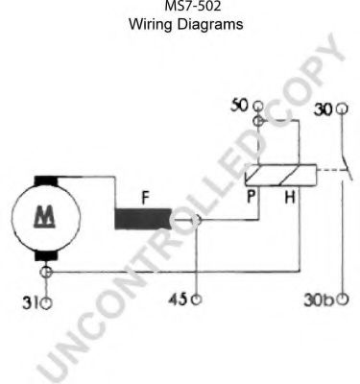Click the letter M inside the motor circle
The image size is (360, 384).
click(44, 217)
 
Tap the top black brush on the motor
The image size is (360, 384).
click(46, 180)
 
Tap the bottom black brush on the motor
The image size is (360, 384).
click(46, 255)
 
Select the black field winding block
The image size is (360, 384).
click(143, 219)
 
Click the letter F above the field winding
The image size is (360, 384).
click(146, 198)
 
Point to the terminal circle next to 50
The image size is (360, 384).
click(258, 106)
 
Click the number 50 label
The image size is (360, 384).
click(239, 106)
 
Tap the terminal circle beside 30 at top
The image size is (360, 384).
click(342, 108)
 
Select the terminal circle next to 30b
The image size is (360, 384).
click(343, 300)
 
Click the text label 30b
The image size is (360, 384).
click(319, 300)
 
